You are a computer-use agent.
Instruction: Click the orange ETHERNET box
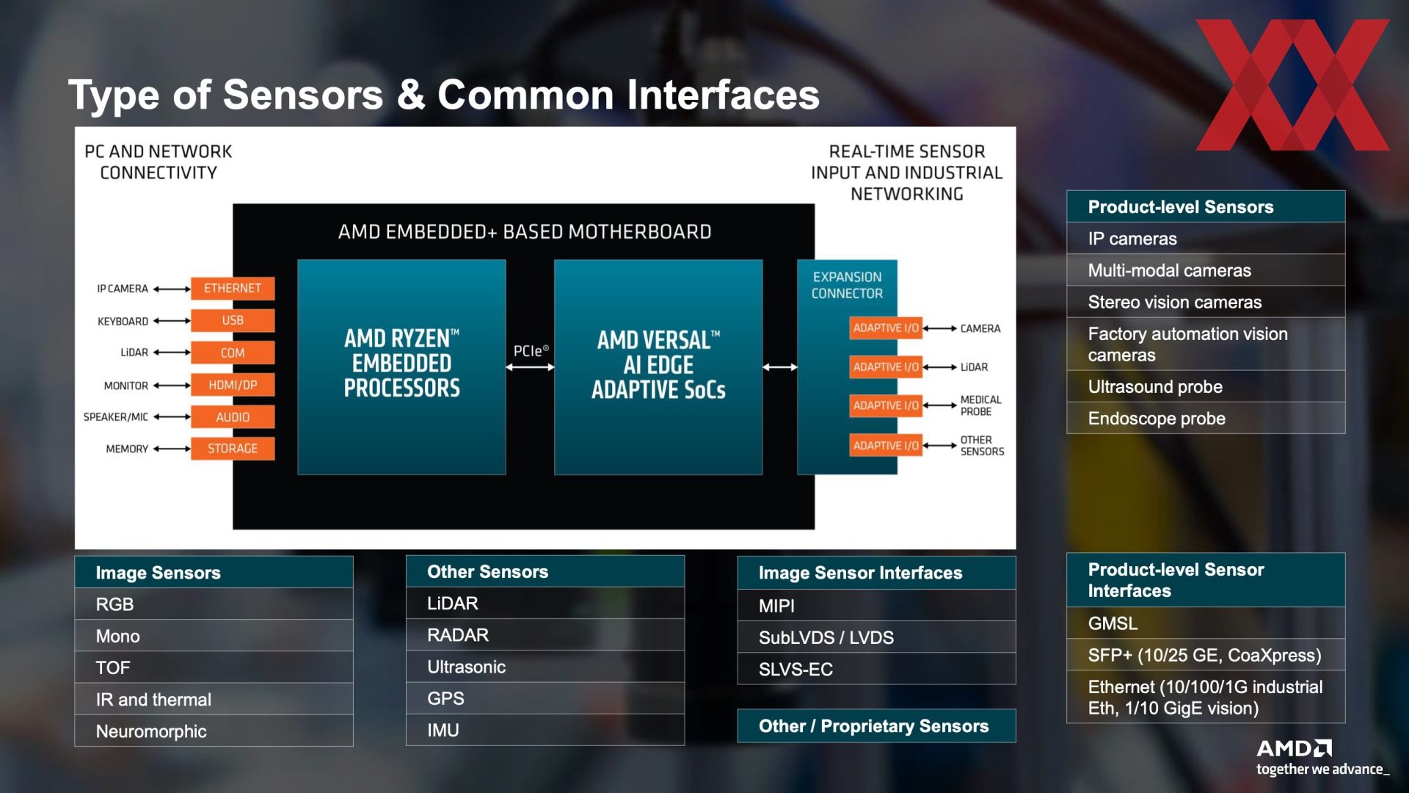click(x=233, y=289)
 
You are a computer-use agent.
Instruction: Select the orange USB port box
click(x=233, y=320)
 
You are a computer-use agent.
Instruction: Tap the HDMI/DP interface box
click(x=233, y=385)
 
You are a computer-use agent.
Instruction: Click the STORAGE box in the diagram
click(x=233, y=449)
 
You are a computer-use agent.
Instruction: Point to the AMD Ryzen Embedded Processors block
click(x=401, y=367)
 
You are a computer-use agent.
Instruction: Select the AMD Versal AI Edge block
click(x=658, y=367)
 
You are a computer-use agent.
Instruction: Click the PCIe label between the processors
click(x=531, y=351)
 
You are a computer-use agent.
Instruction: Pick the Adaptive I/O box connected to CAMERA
click(x=886, y=328)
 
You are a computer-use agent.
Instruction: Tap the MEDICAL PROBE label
click(x=980, y=405)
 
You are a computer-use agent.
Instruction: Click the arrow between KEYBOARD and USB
click(x=172, y=321)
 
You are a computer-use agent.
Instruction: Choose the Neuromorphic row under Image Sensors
click(x=214, y=731)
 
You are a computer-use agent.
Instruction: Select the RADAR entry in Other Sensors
click(x=545, y=635)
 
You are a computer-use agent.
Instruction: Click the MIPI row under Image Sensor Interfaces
click(x=876, y=606)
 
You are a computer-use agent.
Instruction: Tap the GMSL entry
click(x=1206, y=623)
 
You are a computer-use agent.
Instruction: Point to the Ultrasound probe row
click(x=1206, y=387)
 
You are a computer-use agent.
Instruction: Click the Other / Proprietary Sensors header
click(x=876, y=726)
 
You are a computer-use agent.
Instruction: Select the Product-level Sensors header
click(x=1206, y=207)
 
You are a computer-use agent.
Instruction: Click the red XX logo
click(x=1293, y=85)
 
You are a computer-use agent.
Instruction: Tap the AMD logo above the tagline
click(x=1294, y=748)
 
